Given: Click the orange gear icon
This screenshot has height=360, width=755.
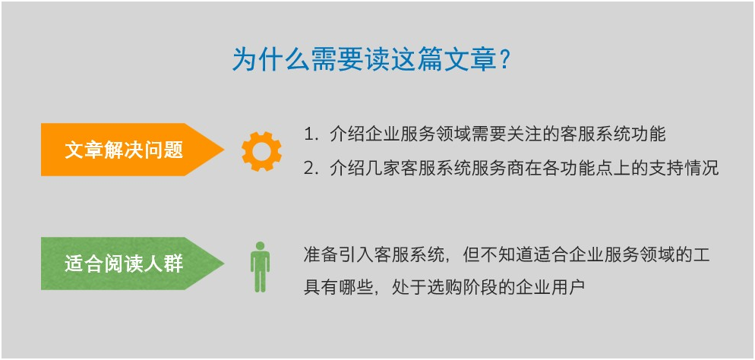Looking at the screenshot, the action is click(261, 151).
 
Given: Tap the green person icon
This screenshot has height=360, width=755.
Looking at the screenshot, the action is click(260, 267).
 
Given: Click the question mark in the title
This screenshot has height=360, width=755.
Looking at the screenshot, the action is click(504, 60).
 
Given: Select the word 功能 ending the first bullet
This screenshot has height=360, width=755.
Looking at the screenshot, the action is click(649, 134).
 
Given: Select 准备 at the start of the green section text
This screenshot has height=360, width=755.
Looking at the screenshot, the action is click(320, 254).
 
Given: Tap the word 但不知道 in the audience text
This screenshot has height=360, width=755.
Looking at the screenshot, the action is click(494, 254).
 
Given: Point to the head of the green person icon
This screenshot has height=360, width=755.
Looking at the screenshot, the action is click(260, 246).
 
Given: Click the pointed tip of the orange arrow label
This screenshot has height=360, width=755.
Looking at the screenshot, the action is click(223, 150).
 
